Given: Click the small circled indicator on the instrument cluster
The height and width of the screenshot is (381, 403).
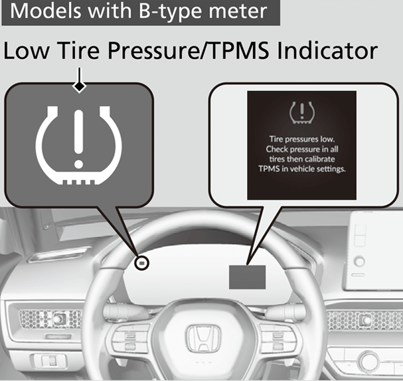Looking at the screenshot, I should click(141, 264).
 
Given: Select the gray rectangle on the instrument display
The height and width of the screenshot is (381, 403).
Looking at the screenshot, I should click(247, 274).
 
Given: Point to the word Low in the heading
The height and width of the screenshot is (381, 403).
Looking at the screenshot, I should click(29, 51).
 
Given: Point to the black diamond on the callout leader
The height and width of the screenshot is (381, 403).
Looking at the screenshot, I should click(80, 86).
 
